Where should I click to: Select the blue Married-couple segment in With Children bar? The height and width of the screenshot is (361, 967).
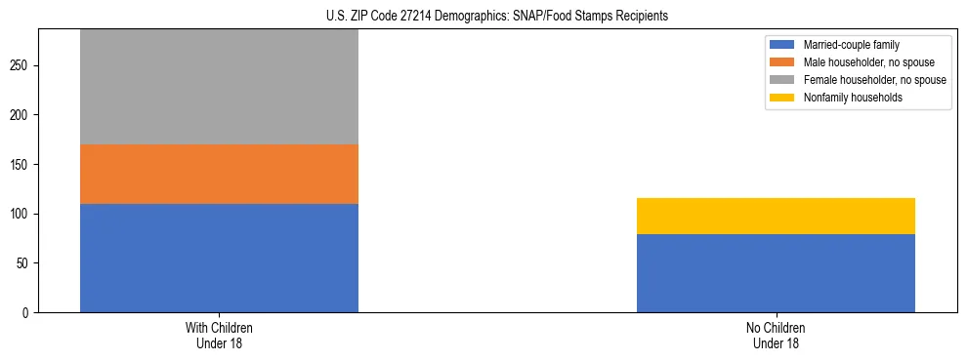coord(219,258)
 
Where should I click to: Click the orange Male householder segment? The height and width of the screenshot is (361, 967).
coord(219,174)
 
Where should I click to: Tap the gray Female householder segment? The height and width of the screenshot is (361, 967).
coord(219,87)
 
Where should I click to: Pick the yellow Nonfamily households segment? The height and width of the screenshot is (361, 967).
coord(776,216)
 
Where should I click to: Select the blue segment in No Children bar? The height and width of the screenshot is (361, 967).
coord(776,273)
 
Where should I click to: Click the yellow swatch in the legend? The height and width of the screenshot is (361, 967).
coord(783,98)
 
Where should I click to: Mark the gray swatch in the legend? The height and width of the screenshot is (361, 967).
coord(783,80)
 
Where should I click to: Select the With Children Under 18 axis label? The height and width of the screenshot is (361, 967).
coord(219,335)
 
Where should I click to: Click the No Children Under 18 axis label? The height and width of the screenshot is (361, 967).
coord(776,335)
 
